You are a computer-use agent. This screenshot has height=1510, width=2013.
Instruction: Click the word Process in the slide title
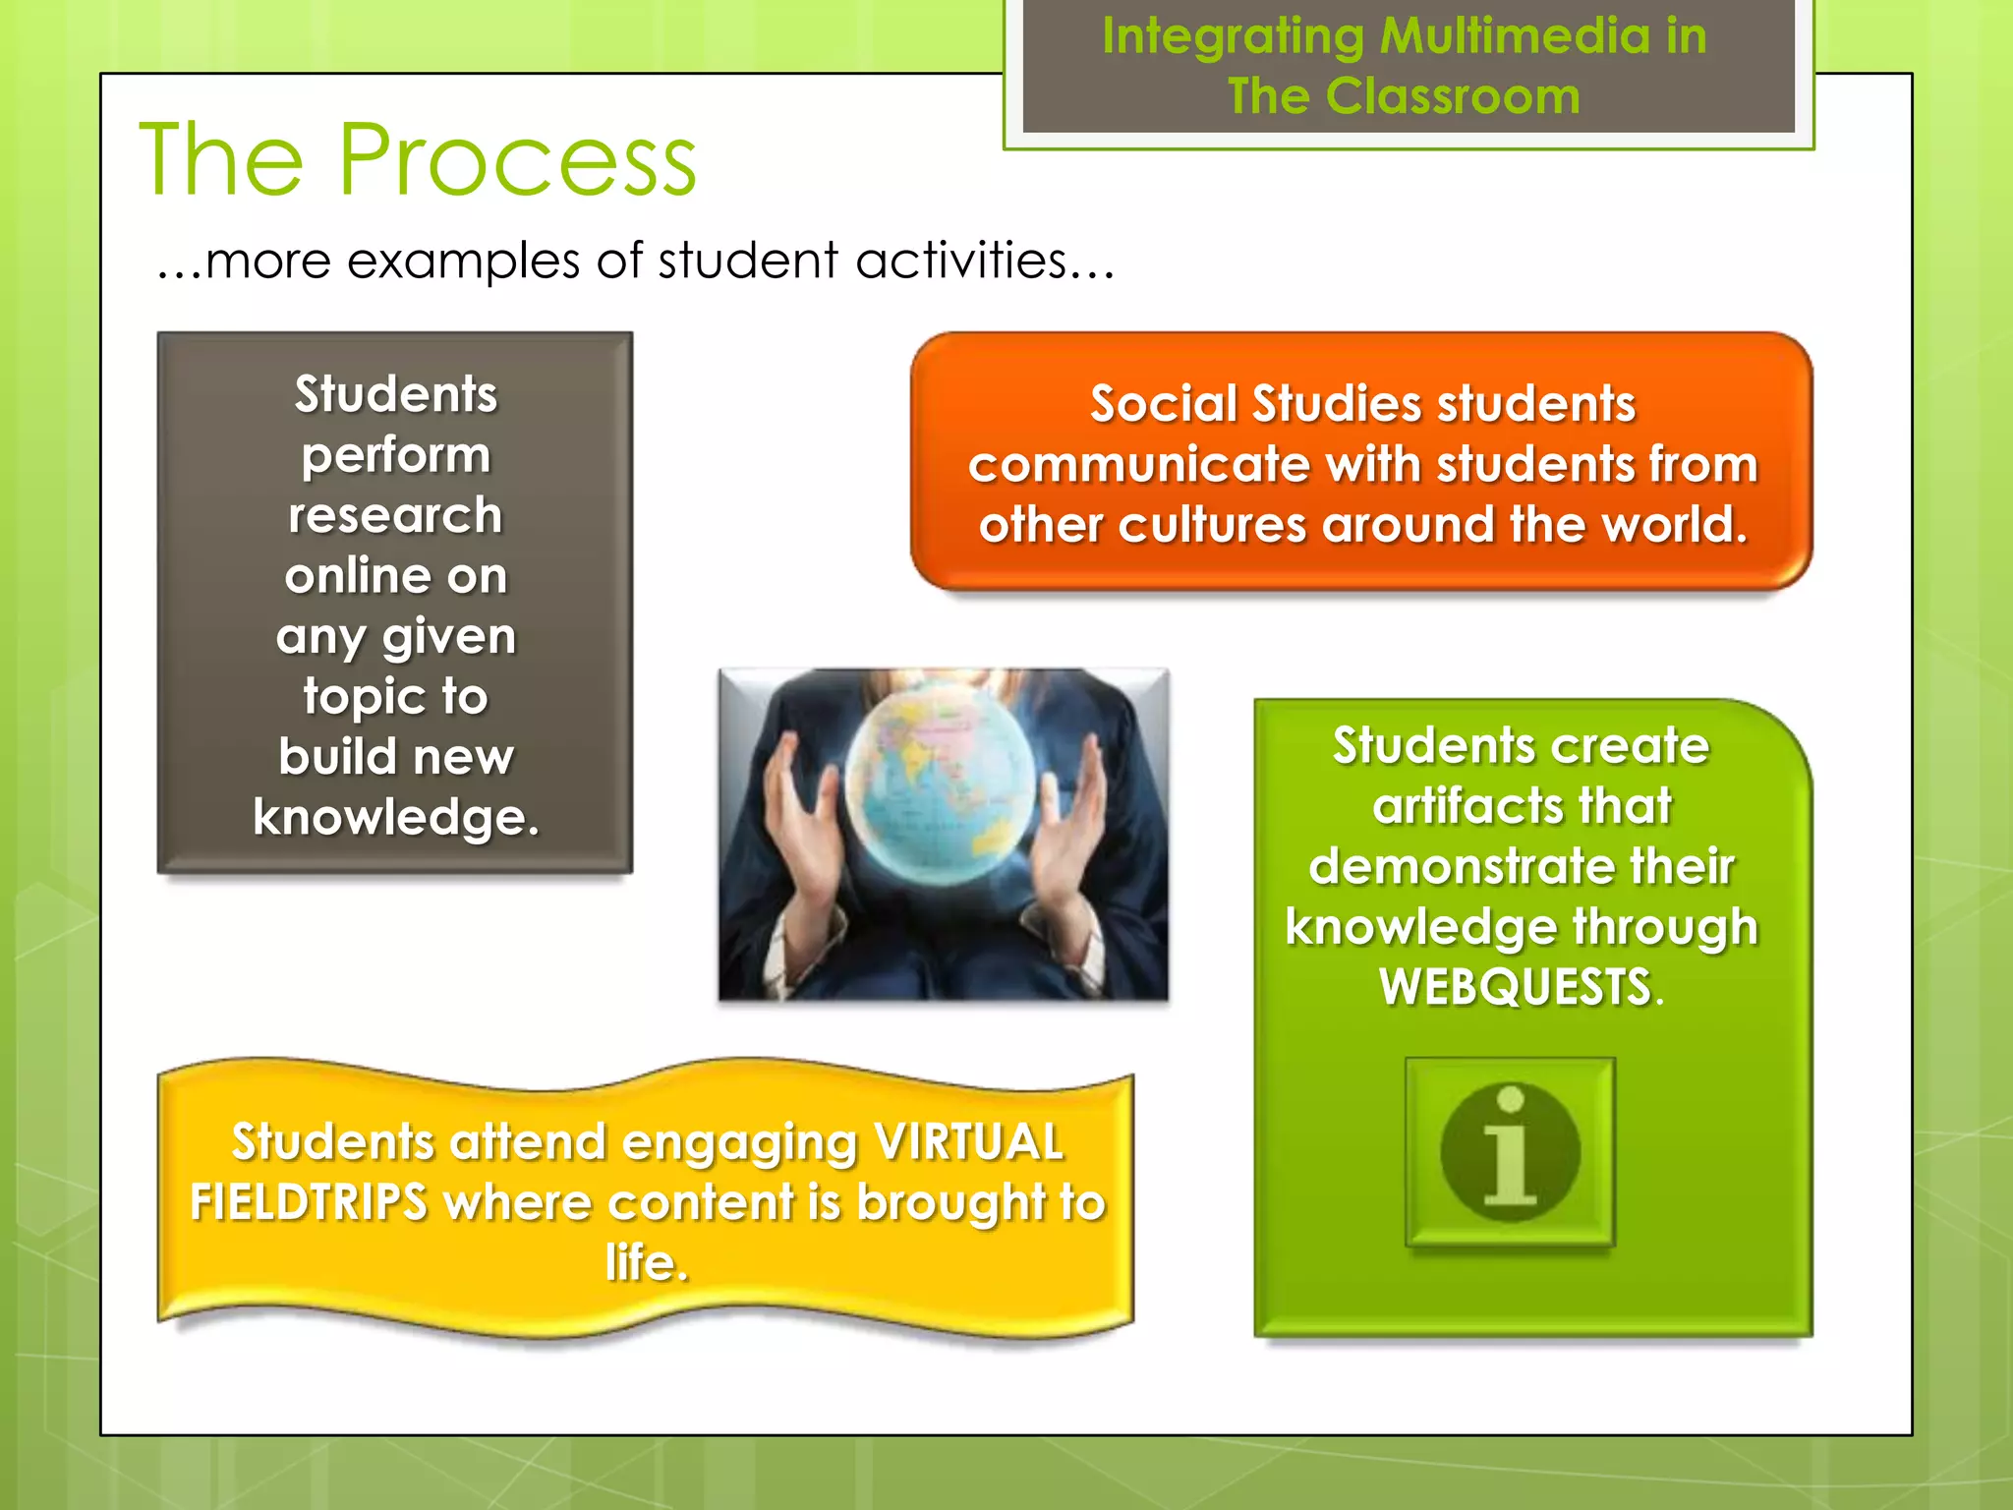pos(517,159)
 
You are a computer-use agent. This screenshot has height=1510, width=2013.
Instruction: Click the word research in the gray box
pos(395,515)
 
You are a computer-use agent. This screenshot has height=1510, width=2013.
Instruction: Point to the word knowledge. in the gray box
pos(396,817)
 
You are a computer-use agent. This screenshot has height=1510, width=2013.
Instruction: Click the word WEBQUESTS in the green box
pos(1515,987)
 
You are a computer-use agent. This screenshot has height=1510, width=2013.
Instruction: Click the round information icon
pos(1510,1151)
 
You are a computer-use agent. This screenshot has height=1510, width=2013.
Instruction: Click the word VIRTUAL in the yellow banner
pos(968,1142)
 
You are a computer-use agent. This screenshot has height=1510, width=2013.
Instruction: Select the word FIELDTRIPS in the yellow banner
pos(309,1202)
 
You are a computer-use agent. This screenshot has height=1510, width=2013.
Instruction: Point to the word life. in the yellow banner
pos(647,1262)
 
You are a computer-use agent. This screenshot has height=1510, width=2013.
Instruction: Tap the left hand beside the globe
pos(808,824)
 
